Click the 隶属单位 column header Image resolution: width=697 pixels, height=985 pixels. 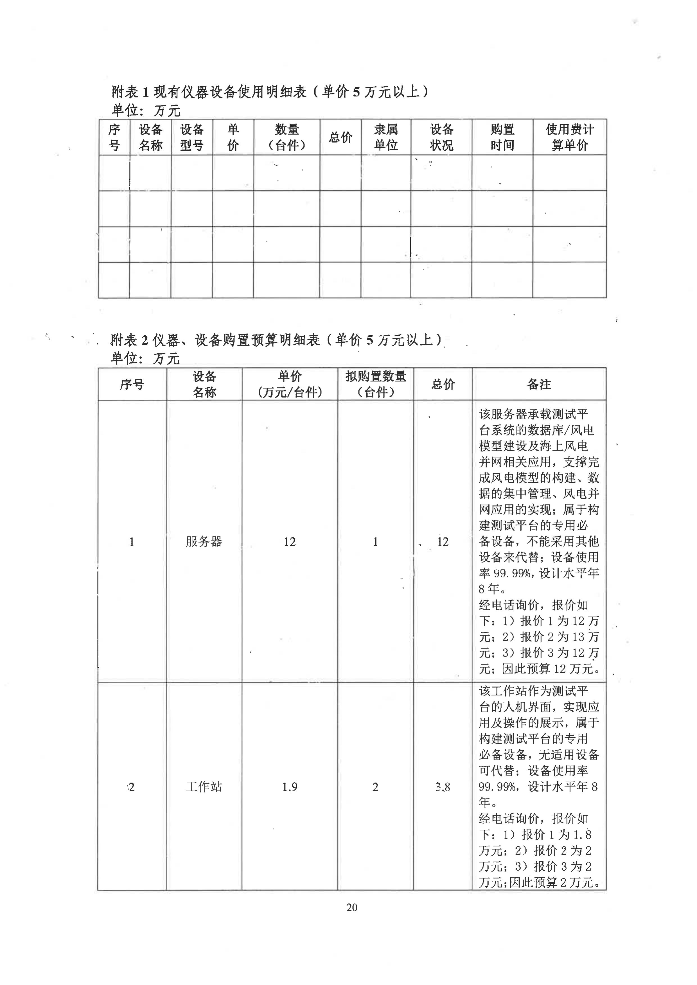tap(386, 137)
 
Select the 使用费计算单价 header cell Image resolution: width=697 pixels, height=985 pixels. tap(570, 137)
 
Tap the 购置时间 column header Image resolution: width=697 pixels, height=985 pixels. tap(502, 137)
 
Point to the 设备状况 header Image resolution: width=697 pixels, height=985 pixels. tap(441, 137)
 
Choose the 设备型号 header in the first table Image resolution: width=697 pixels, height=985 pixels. tap(192, 137)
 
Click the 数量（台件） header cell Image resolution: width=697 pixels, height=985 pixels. tap(287, 137)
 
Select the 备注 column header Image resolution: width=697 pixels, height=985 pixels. tap(539, 384)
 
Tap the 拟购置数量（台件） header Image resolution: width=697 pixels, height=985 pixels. tap(376, 384)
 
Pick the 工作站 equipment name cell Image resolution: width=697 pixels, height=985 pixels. tap(204, 787)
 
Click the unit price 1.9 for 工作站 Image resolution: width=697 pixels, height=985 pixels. tap(290, 787)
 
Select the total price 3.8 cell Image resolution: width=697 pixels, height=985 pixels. tap(443, 787)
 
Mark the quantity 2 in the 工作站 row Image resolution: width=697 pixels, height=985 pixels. tap(376, 787)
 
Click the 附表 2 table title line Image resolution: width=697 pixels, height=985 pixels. tap(276, 340)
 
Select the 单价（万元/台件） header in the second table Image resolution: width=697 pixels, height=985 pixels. tap(290, 384)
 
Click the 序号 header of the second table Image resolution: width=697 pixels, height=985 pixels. tap(132, 384)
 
